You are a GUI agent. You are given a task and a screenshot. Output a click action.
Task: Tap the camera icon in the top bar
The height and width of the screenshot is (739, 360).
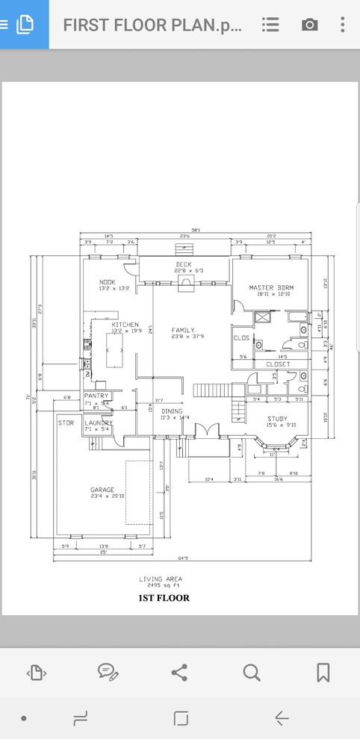pos(309,25)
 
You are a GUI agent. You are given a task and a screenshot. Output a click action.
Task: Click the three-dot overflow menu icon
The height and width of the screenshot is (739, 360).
pos(343,25)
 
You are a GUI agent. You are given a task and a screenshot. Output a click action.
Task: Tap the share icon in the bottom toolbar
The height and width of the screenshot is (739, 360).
pos(179,673)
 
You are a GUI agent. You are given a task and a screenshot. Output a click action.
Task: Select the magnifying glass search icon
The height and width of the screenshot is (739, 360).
pos(252,673)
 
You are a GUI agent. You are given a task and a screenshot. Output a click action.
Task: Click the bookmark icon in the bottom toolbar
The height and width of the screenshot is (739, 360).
pos(323,673)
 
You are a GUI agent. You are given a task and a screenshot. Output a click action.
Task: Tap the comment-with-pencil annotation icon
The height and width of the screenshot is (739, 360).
pos(108,673)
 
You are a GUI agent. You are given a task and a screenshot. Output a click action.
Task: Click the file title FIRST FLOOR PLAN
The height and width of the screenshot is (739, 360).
pos(152,25)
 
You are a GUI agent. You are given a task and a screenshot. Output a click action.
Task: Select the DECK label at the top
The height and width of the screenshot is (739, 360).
pos(184,264)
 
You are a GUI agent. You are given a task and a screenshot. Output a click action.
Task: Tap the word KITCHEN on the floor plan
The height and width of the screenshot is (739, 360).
pos(125,325)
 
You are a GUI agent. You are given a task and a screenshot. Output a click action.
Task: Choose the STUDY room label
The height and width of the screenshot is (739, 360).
pos(277,419)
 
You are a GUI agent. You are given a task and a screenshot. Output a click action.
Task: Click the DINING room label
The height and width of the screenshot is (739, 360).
pos(172,411)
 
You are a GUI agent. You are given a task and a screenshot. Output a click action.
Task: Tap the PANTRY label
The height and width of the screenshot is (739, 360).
pos(96,396)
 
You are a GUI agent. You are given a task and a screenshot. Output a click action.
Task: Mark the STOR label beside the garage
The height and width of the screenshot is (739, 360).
pos(66,422)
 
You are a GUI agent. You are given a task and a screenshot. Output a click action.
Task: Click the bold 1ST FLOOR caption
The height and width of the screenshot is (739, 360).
pos(164,598)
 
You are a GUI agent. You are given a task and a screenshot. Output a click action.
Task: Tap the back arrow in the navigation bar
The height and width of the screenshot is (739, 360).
pos(282,718)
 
